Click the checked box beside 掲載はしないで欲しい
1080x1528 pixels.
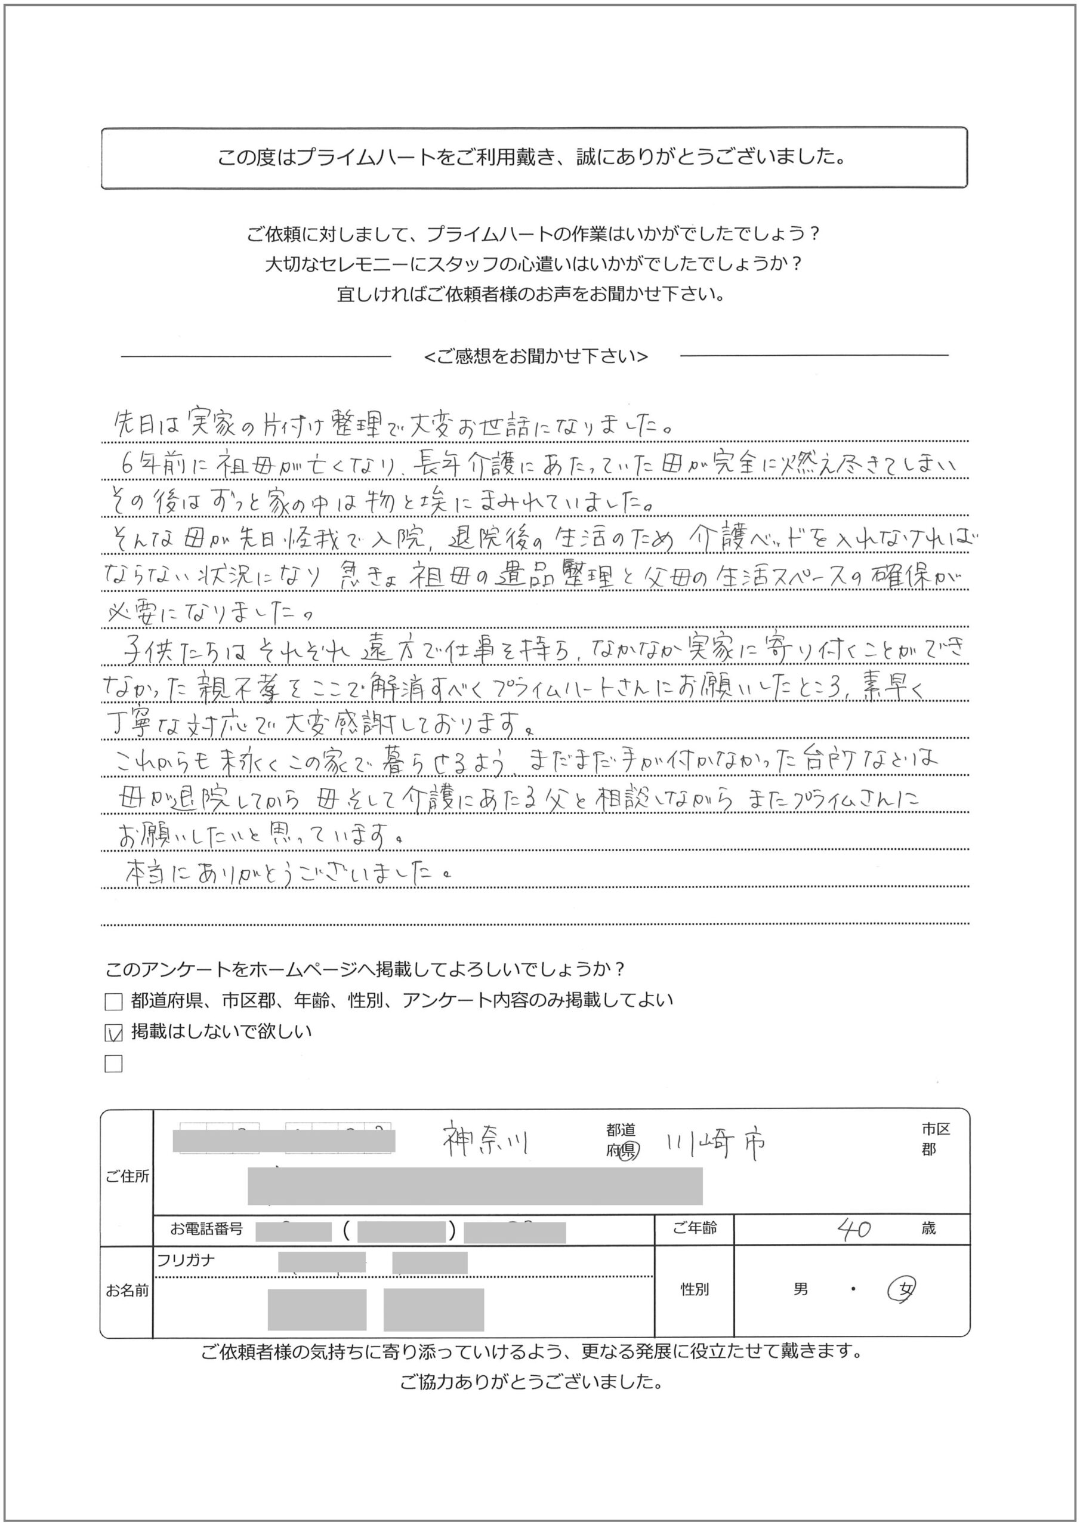click(114, 1033)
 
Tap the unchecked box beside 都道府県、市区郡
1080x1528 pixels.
click(114, 1002)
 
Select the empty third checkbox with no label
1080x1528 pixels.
click(114, 1064)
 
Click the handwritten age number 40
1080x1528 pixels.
click(854, 1228)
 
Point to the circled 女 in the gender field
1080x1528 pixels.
click(903, 1290)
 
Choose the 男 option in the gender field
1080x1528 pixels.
click(801, 1289)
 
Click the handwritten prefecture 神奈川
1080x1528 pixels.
click(486, 1142)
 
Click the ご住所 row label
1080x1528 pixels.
click(126, 1176)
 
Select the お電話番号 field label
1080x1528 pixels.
click(206, 1228)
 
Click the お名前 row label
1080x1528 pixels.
click(126, 1290)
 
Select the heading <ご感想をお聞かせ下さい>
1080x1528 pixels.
click(536, 357)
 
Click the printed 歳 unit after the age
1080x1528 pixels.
click(928, 1228)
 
